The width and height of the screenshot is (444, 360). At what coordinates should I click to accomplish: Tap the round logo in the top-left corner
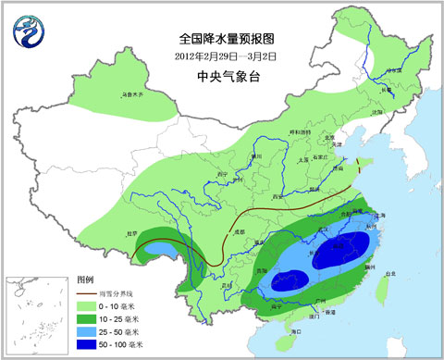(28, 33)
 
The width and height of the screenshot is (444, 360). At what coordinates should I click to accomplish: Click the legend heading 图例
(85, 279)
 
